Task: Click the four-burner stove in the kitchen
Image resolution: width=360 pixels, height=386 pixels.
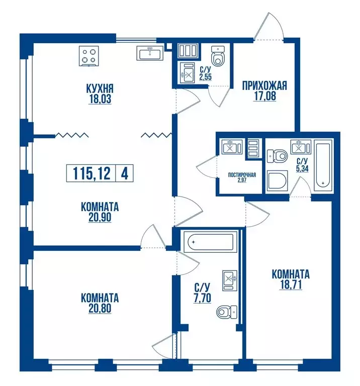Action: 88,56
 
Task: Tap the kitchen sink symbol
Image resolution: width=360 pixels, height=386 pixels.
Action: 150,53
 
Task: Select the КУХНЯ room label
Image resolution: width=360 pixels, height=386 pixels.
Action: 100,88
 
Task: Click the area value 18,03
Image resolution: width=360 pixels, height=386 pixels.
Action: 100,99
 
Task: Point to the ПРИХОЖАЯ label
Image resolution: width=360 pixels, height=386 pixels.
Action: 264,85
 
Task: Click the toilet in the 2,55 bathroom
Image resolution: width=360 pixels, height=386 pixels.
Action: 218,56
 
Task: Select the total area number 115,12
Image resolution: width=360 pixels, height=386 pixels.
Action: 92,173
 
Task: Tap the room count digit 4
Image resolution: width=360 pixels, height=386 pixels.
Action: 125,173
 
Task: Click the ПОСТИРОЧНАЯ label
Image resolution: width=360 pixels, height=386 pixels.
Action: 242,175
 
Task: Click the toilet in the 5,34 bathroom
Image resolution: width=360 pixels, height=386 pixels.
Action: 277,156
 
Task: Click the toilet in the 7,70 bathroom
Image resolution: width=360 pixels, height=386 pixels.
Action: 227,312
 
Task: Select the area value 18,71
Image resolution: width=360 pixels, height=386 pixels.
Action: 291,285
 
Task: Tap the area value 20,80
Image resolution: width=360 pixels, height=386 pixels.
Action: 100,308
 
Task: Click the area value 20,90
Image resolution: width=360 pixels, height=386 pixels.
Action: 100,217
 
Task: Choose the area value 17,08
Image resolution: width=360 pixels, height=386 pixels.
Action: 264,96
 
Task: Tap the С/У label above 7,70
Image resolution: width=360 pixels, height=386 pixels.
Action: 202,287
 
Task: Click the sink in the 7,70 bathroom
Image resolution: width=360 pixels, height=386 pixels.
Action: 230,280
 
